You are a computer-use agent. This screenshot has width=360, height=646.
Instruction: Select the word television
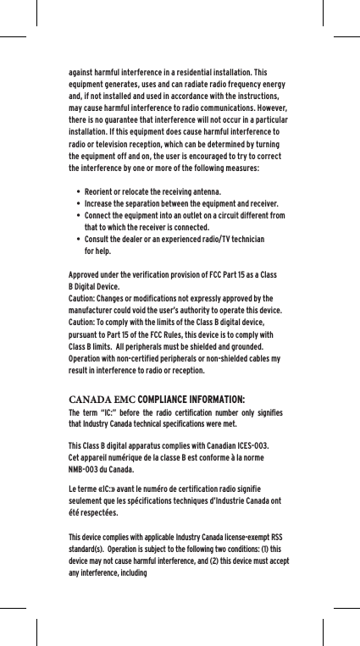[117, 145]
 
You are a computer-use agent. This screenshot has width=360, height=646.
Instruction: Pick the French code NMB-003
[87, 468]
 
